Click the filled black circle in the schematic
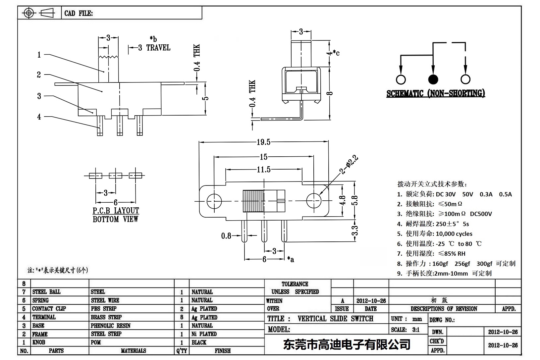433,79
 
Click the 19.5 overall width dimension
263,142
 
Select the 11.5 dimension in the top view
264,170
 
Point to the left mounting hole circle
214,201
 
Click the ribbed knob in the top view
253,201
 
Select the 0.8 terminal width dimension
226,236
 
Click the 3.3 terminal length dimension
354,230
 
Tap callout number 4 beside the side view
39,117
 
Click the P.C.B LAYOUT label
116,211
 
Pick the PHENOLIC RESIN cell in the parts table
111,326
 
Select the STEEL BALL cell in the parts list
46,292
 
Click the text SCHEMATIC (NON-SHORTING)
436,93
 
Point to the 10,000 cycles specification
454,234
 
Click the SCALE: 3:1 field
405,330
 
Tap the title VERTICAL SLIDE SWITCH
335,319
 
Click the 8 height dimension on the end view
329,93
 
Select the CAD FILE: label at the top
79,13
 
